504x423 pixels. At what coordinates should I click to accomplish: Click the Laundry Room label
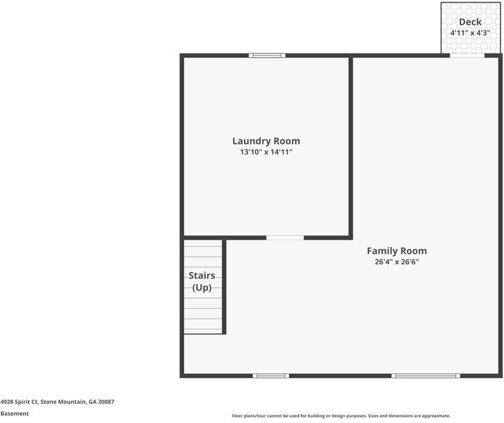click(266, 141)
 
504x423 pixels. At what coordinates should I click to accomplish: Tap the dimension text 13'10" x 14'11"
click(266, 152)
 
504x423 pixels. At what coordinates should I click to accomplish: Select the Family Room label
click(396, 251)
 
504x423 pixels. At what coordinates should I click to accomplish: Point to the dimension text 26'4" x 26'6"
click(396, 262)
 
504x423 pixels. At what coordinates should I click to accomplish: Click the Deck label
click(470, 22)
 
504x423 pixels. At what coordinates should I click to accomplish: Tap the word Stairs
click(202, 276)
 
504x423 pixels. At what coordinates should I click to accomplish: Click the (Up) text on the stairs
click(202, 288)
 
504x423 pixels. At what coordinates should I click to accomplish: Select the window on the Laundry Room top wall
click(268, 55)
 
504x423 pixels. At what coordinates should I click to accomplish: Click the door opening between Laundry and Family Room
click(285, 238)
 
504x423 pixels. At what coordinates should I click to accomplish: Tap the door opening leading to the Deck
click(467, 55)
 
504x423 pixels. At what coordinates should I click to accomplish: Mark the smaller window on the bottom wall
click(271, 376)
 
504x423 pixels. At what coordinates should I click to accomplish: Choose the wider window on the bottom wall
click(426, 376)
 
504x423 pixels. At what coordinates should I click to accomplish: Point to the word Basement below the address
click(15, 414)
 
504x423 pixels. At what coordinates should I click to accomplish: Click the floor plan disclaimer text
click(340, 416)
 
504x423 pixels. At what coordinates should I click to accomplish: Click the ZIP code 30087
click(106, 402)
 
